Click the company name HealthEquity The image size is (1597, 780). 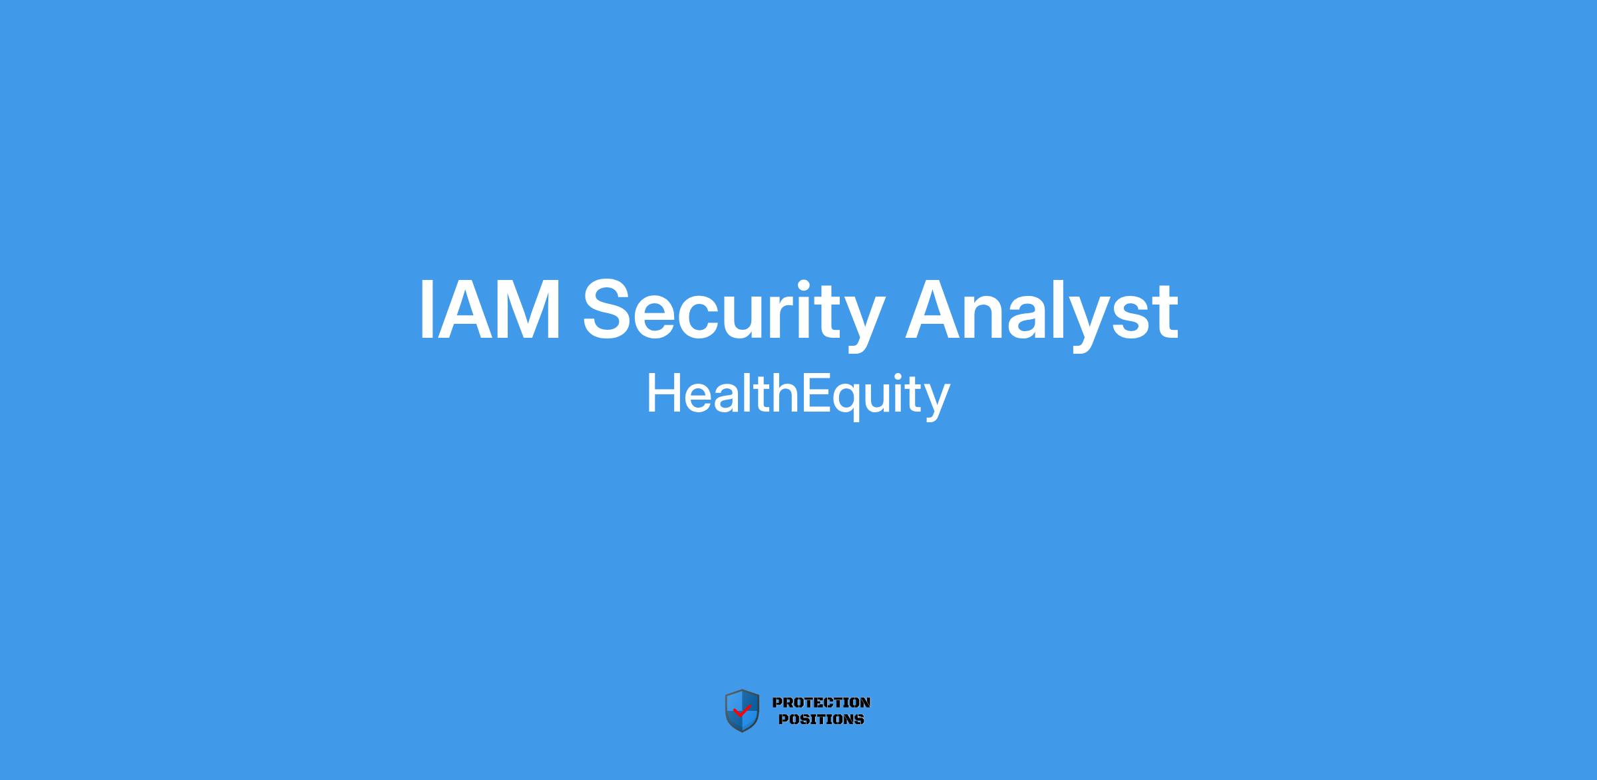(798, 395)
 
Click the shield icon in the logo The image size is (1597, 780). (742, 711)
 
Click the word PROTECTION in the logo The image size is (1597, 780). (821, 703)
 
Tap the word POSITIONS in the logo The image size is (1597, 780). (821, 719)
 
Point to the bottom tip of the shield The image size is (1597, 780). (742, 732)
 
